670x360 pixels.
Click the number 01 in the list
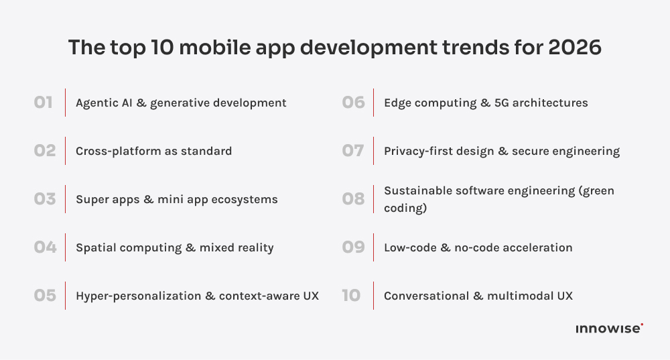click(x=44, y=103)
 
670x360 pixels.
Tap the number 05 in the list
click(x=45, y=296)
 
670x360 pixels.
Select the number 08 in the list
click(x=353, y=199)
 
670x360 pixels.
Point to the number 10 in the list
click(x=351, y=296)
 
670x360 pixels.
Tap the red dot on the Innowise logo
click(x=642, y=324)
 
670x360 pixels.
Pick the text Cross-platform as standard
click(x=153, y=151)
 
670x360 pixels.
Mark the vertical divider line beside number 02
click(x=65, y=151)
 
